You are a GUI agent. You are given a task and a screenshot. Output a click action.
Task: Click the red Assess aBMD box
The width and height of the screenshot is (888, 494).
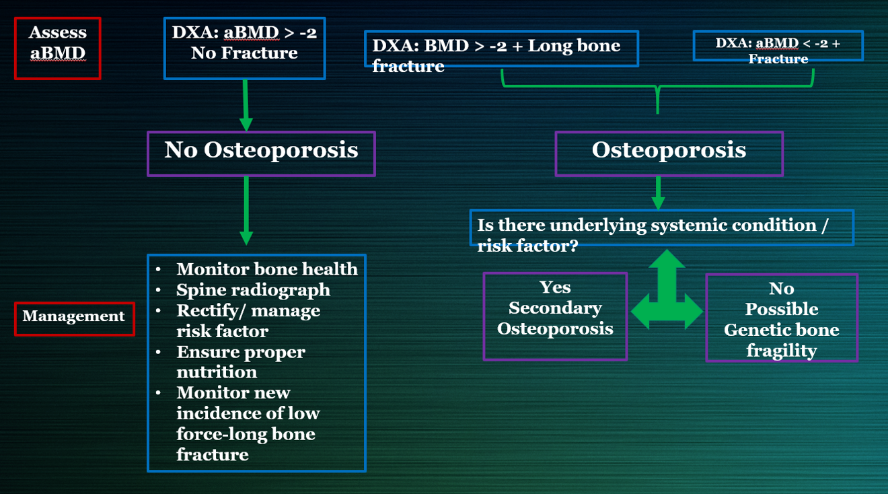pos(58,48)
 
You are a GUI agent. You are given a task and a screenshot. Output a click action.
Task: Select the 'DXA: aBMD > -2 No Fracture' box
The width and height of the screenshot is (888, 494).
pos(244,48)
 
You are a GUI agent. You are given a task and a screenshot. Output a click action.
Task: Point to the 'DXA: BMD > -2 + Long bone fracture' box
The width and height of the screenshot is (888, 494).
pos(501,49)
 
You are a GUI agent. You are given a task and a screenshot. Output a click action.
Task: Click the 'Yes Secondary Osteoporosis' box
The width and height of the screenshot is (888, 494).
pos(555,316)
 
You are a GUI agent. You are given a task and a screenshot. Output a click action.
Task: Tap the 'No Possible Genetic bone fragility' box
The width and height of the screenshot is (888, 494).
pos(781,318)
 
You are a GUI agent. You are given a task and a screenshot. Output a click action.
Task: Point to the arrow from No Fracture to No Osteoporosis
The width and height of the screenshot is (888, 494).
pos(246,105)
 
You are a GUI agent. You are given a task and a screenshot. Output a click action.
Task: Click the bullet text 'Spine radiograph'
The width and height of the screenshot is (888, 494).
pos(253,289)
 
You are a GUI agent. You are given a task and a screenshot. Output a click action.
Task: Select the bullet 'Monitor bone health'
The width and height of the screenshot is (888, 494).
pos(266,269)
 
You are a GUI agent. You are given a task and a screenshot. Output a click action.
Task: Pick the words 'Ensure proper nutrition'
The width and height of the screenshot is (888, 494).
pos(240,362)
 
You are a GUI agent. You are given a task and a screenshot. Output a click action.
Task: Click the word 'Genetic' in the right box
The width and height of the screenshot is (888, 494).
pos(758,330)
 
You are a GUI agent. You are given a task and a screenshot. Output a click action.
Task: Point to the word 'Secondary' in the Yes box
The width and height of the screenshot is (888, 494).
pos(555,308)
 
